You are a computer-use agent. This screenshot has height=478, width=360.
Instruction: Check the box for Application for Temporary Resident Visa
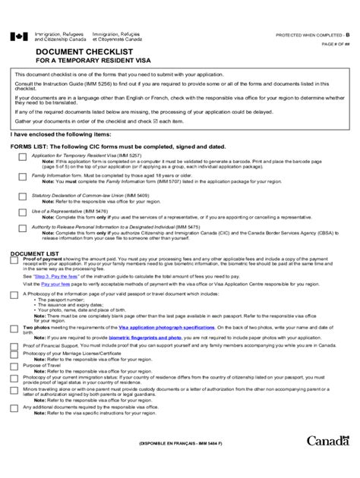click(x=24, y=156)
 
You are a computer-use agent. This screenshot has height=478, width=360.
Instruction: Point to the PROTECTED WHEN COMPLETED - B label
click(x=311, y=36)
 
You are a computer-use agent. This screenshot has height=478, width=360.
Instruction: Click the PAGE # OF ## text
click(x=333, y=47)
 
